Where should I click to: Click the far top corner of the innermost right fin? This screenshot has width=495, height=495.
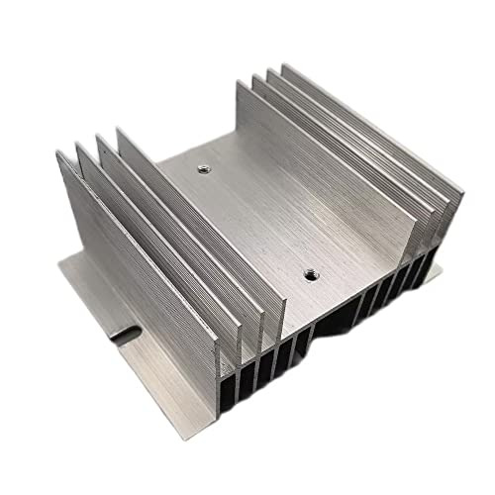pyautogui.click(x=240, y=81)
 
